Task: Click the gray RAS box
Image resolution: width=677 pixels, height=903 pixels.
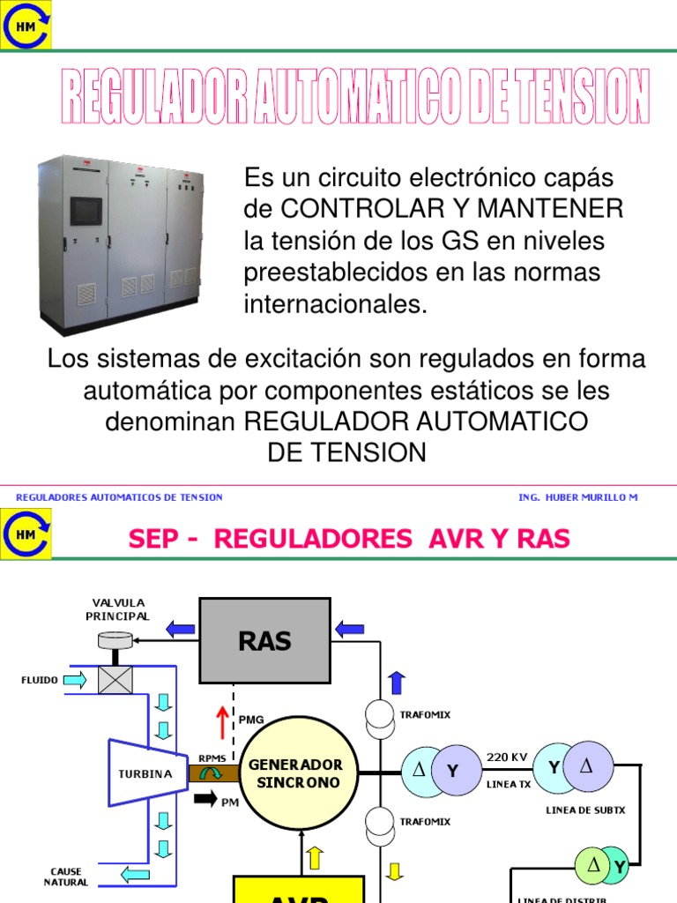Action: coord(264,640)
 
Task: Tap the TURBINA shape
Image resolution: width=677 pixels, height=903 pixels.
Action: coord(146,773)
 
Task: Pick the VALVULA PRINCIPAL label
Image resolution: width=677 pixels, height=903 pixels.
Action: coord(117,609)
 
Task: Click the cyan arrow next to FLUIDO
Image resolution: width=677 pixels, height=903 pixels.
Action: coord(76,680)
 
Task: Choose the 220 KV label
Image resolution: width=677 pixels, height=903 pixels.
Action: coord(507,757)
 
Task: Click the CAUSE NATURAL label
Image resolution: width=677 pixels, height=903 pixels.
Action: coord(66,877)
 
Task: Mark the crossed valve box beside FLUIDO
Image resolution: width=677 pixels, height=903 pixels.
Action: coord(115,680)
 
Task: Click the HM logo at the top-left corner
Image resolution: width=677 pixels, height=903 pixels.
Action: coord(26,26)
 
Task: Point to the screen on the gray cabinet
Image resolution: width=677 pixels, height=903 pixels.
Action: coord(86,211)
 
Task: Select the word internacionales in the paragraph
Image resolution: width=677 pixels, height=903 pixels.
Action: coord(335,305)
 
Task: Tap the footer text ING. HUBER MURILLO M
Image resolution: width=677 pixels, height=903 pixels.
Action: coord(577,497)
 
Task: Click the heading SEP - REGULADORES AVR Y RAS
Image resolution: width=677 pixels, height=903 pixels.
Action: coord(349,539)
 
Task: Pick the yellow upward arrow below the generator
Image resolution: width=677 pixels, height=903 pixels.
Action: coord(315,858)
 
